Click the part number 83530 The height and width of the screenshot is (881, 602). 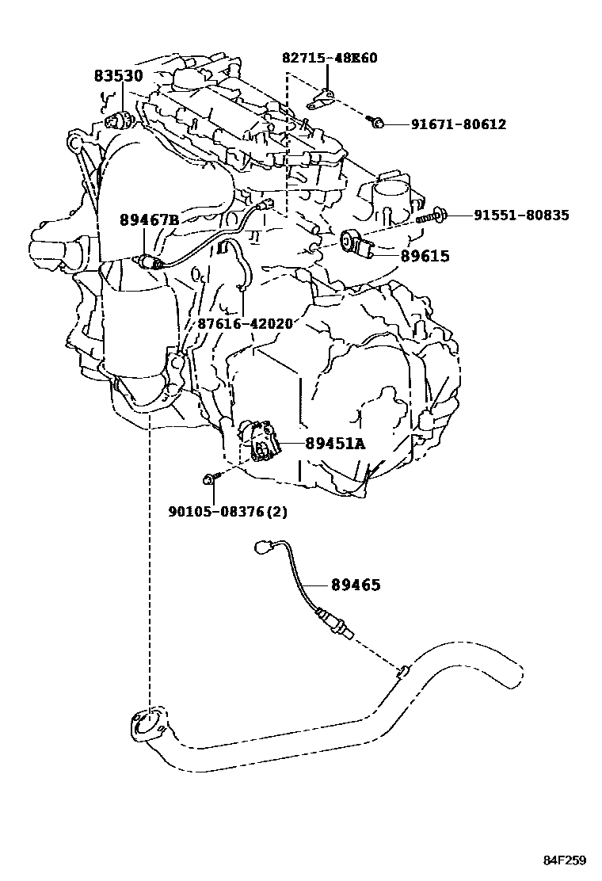click(119, 77)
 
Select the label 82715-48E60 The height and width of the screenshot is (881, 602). click(330, 58)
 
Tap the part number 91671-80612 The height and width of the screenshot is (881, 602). click(458, 124)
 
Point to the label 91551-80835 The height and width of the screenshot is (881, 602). click(520, 215)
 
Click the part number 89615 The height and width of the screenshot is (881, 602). click(425, 256)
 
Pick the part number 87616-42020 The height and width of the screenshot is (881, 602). click(245, 323)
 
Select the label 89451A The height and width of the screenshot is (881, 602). click(335, 444)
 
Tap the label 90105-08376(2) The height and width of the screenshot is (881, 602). click(227, 511)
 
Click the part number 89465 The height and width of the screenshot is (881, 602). click(356, 585)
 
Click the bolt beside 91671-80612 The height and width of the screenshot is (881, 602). click(378, 122)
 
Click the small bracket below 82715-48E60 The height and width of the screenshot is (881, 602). click(320, 100)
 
